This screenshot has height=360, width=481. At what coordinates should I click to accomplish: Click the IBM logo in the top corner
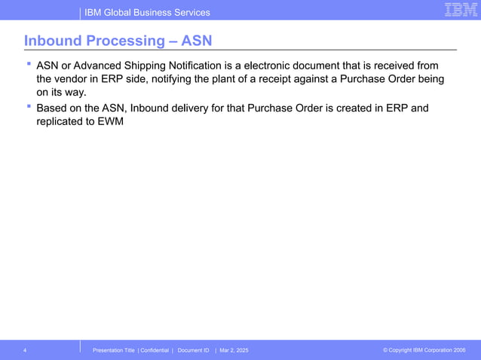459,10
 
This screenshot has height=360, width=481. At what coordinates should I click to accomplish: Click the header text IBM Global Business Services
147,12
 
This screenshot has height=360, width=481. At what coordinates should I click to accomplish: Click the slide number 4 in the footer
25,350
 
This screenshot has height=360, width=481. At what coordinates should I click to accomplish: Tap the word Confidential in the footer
155,350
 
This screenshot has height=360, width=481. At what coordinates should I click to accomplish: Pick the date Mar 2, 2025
234,350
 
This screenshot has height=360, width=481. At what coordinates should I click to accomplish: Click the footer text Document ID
193,350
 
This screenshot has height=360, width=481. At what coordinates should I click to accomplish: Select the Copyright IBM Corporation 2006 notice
424,350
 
